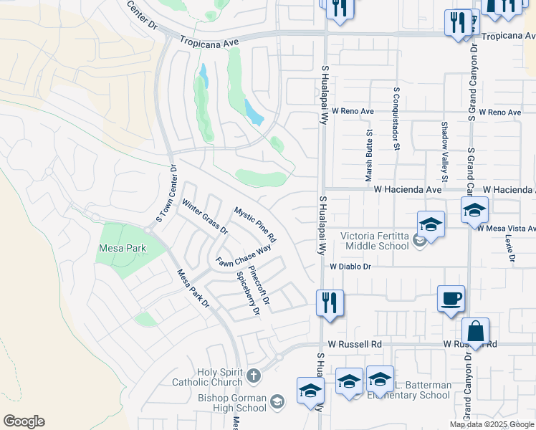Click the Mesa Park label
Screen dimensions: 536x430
[122, 249]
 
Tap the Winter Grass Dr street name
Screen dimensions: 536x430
[204, 217]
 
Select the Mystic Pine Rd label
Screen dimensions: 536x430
[255, 224]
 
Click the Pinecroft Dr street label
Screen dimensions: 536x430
[259, 287]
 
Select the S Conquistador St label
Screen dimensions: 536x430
[396, 119]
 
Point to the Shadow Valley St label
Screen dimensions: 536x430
[444, 150]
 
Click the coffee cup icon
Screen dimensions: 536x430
[451, 298]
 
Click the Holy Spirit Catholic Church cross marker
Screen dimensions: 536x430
[253, 375]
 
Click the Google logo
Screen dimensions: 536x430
[24, 421]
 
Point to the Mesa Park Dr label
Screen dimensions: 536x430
[193, 289]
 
